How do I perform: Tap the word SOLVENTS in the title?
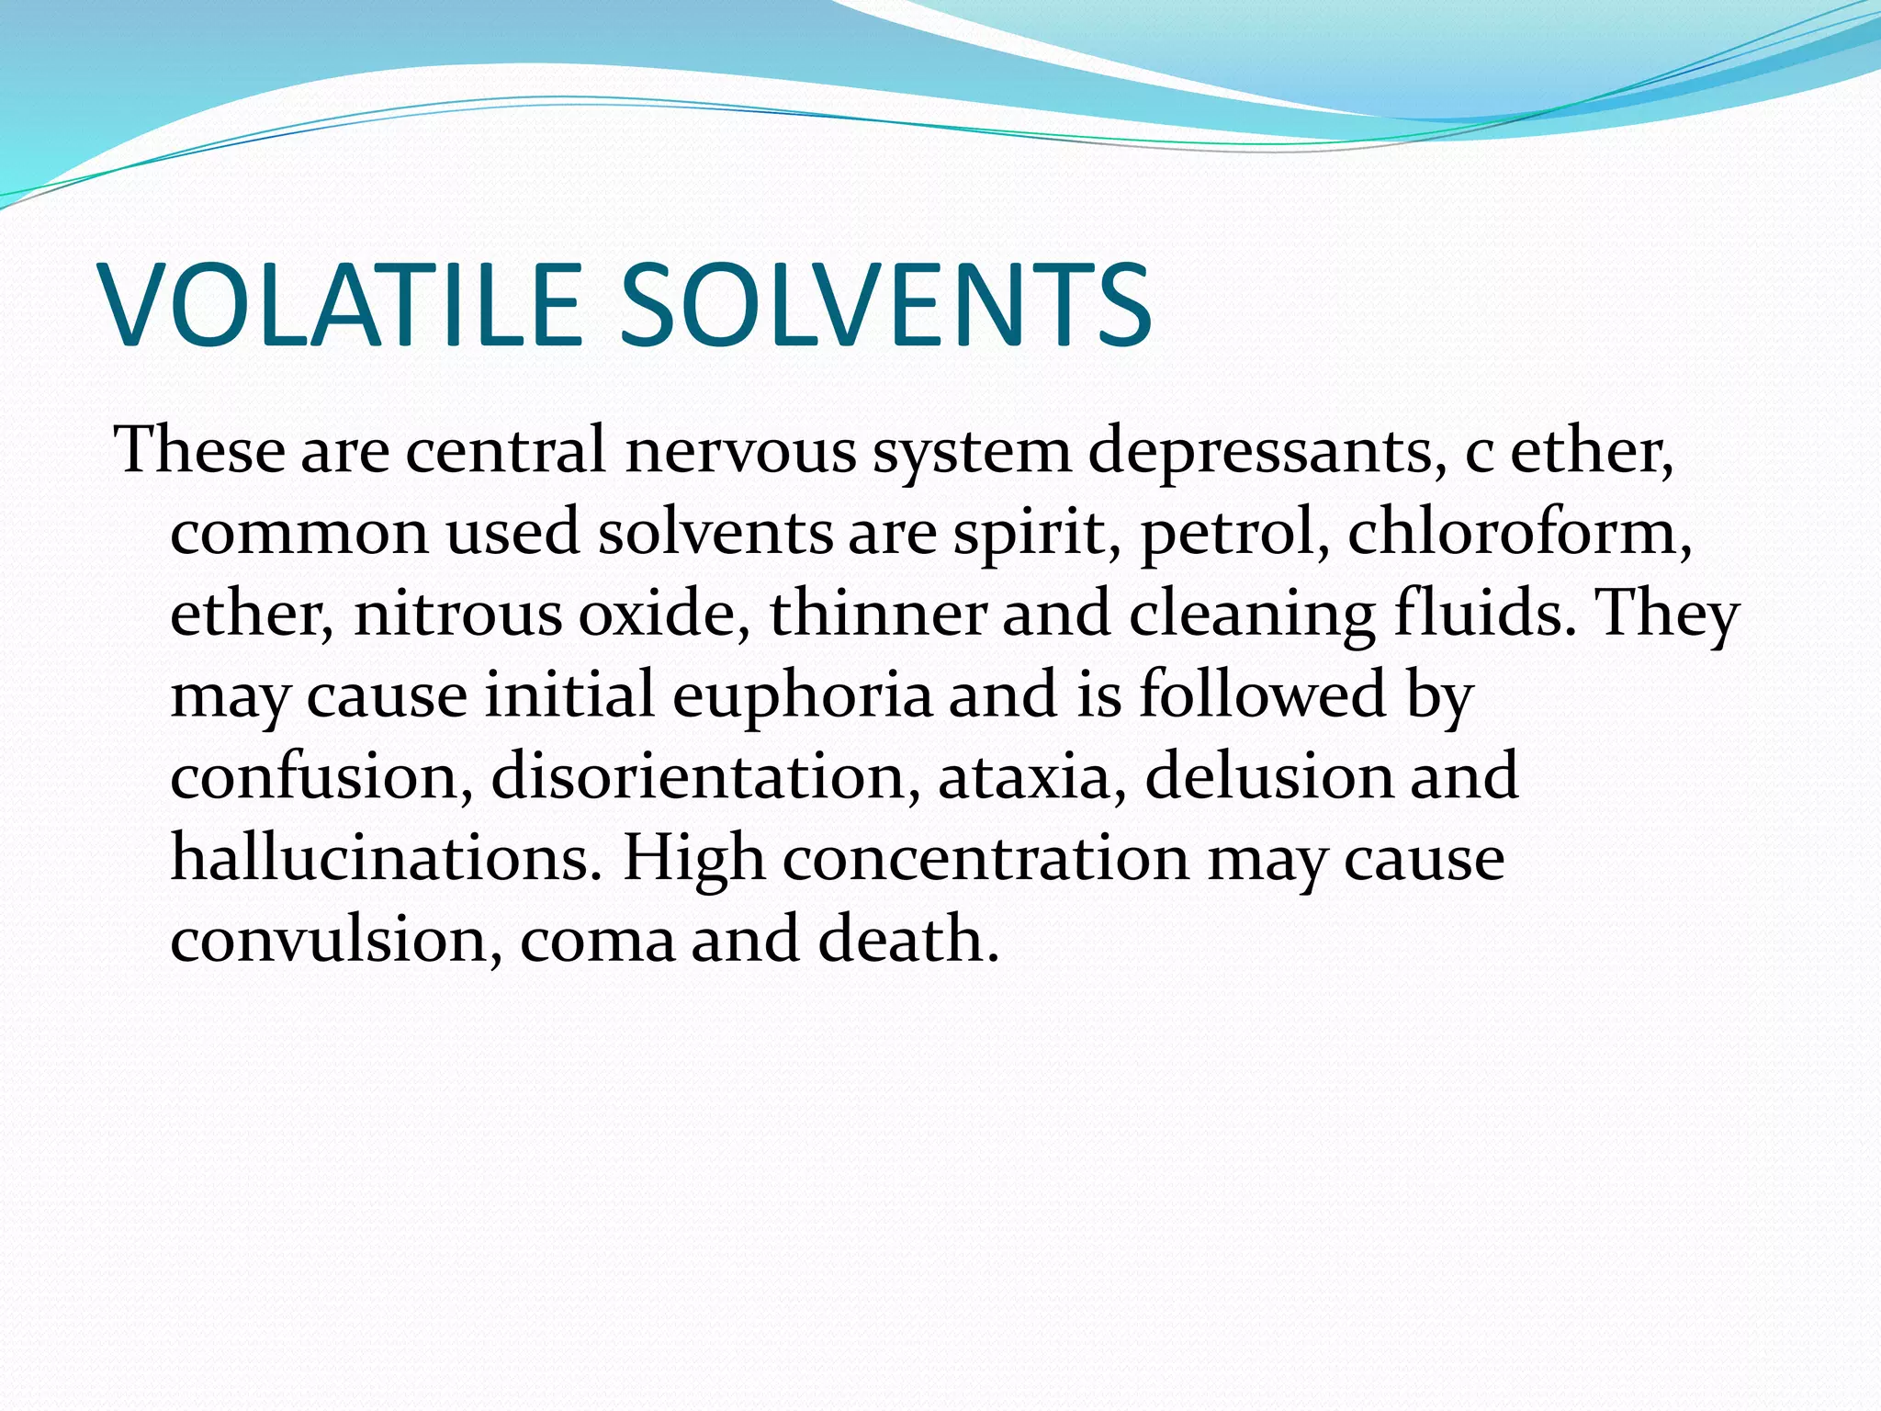click(x=885, y=306)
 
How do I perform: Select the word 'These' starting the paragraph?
click(x=199, y=450)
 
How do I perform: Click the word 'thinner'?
click(x=877, y=613)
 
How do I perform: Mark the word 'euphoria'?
click(x=802, y=696)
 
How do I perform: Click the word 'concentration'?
click(x=986, y=858)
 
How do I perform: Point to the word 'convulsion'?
click(x=336, y=939)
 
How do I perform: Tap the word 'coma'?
click(x=597, y=941)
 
